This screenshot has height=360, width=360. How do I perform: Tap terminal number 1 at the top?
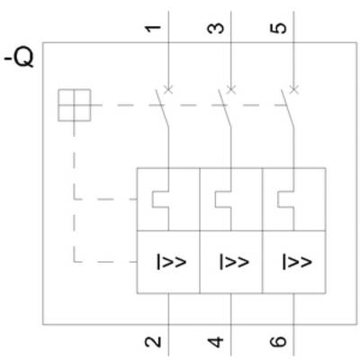coord(155,28)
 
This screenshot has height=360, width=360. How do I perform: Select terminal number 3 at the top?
coord(217,28)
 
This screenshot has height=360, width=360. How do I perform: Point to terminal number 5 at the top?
coord(280,28)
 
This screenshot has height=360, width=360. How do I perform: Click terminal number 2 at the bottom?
coord(155,341)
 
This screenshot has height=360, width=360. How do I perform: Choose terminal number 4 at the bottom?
coord(217,341)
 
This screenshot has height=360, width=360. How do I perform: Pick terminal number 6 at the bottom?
coord(280,341)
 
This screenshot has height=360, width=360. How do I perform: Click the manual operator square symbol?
coord(75,105)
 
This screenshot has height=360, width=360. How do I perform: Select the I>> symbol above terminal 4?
coord(232,262)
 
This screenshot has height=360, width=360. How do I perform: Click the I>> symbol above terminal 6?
coord(295,262)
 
